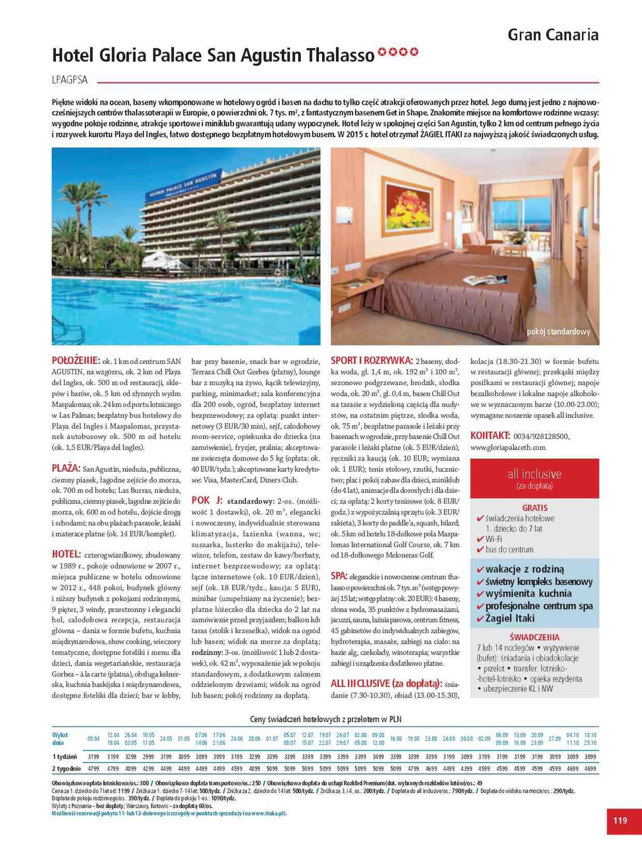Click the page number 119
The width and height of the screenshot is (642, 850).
coord(620,820)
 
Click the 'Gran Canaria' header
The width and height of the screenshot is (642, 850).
coord(553,35)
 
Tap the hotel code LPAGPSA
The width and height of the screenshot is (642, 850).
coord(70,80)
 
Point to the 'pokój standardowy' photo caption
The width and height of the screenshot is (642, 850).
coord(559,331)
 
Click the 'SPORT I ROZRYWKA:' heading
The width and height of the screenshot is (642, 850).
coord(372,360)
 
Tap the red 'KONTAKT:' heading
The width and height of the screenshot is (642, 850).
coord(490,436)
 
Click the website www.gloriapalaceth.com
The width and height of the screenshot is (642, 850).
coord(508,447)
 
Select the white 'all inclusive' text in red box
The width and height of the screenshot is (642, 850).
coord(534,473)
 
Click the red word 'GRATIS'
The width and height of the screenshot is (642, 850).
coord(535,508)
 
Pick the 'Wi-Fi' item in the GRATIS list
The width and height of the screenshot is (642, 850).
coord(494,539)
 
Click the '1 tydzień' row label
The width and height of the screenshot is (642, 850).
coord(64,756)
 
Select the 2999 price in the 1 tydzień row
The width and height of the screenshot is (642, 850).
coord(148,756)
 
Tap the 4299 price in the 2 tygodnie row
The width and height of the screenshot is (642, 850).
coord(148,768)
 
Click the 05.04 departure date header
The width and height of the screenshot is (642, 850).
coord(93,738)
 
